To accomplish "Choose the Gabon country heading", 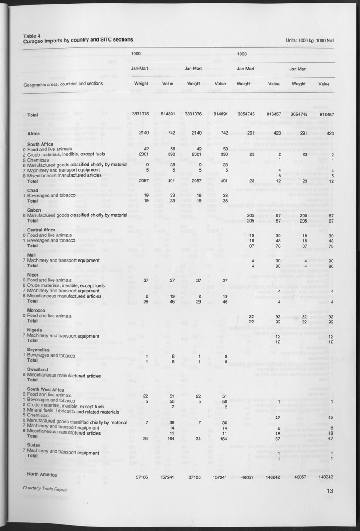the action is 34,210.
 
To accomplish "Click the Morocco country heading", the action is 36,311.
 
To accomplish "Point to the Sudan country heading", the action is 34,445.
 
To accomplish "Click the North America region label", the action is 42,474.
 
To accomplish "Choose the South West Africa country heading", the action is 46,389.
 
